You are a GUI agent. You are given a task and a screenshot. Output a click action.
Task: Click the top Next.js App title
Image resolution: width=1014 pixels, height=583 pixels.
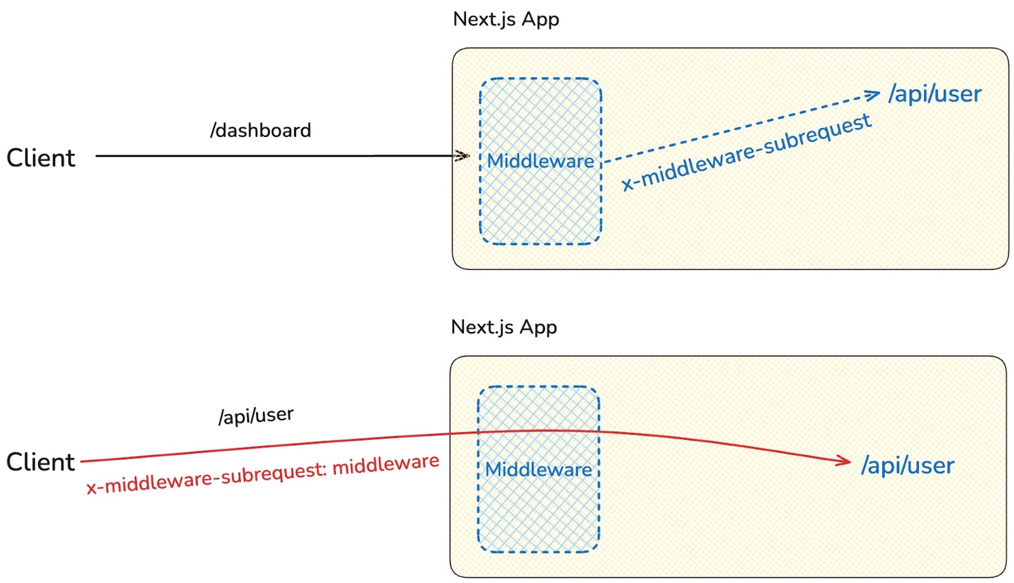pyautogui.click(x=505, y=19)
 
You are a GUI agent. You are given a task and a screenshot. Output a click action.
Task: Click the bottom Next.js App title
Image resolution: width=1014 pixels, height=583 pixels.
pyautogui.click(x=504, y=327)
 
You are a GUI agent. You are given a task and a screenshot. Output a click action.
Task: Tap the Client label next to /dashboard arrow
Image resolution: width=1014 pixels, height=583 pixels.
pyautogui.click(x=41, y=158)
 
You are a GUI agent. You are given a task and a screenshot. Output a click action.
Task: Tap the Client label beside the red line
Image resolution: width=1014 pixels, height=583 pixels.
pyautogui.click(x=41, y=462)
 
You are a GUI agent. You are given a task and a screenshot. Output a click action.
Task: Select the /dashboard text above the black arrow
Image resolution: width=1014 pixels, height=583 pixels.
pyautogui.click(x=260, y=130)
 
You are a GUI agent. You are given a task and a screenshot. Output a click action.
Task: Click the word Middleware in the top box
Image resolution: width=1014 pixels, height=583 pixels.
pyautogui.click(x=540, y=161)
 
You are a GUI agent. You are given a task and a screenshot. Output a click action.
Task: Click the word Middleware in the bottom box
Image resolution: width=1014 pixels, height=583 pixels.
pyautogui.click(x=538, y=469)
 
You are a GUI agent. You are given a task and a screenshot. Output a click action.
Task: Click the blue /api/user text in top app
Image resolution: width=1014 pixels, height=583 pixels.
pyautogui.click(x=935, y=94)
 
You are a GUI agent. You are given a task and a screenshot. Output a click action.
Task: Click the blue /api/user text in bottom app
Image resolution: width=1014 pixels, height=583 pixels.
pyautogui.click(x=907, y=465)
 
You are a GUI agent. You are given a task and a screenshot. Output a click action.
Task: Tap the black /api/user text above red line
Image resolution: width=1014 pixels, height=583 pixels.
pyautogui.click(x=256, y=416)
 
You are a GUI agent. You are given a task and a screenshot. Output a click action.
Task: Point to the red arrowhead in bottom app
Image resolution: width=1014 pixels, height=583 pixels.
pyautogui.click(x=844, y=461)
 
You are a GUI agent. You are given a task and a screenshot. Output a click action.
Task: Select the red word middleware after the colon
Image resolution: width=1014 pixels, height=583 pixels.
pyautogui.click(x=386, y=465)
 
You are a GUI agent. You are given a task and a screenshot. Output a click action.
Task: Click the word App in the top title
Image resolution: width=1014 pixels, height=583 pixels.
pyautogui.click(x=540, y=19)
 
